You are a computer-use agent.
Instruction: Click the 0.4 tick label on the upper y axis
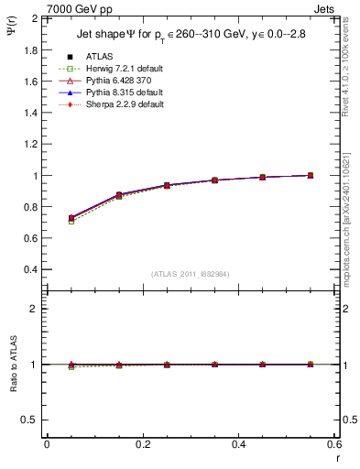(x=27, y=270)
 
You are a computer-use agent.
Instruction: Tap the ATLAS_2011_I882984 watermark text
(x=190, y=274)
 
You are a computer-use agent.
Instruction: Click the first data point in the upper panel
(x=72, y=218)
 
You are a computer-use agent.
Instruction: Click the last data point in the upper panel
(x=311, y=175)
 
